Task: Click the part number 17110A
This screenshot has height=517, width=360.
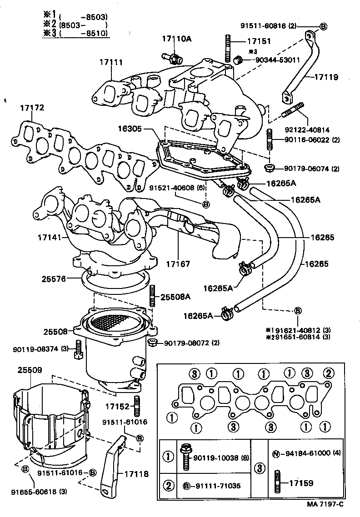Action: (177, 39)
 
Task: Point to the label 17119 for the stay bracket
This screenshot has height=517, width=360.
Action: (325, 77)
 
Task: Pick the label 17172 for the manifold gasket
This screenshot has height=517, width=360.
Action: (31, 108)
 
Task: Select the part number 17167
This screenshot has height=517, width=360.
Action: (178, 263)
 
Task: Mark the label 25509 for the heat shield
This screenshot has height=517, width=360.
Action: (30, 370)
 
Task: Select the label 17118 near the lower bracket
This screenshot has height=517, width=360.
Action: (136, 473)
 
